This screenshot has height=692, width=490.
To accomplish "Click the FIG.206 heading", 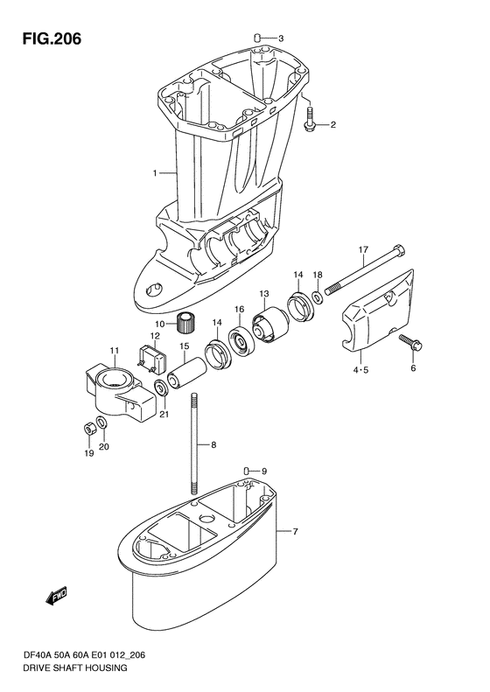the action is (x=52, y=38).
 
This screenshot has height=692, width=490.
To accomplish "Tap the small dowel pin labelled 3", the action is (x=258, y=37).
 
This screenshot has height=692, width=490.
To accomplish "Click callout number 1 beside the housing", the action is (x=155, y=173).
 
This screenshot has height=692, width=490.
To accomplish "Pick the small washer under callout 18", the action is (x=318, y=297).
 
